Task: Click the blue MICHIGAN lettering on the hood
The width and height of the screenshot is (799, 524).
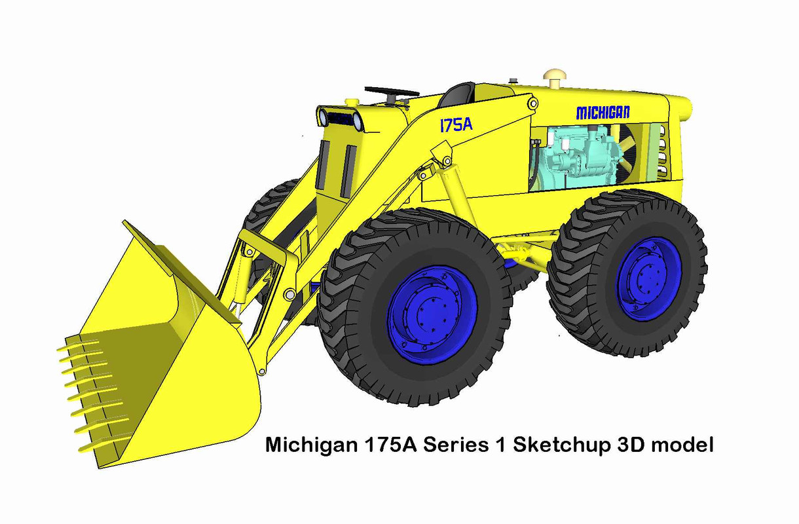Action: click(x=603, y=113)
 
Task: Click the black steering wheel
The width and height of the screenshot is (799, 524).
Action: click(x=392, y=92)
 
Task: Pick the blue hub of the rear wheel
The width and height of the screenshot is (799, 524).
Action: click(x=649, y=278)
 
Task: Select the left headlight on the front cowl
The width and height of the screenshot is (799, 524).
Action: click(x=323, y=118)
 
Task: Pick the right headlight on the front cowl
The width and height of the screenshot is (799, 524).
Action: click(x=357, y=121)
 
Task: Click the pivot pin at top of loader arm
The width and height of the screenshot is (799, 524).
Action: click(x=532, y=103)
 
